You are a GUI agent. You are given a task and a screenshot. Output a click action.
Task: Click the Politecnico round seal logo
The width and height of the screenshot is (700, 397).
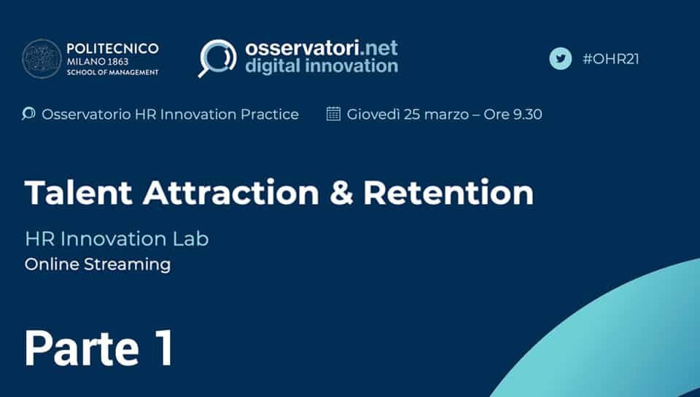click(42, 59)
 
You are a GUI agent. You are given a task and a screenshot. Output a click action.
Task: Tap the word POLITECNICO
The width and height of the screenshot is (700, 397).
click(112, 49)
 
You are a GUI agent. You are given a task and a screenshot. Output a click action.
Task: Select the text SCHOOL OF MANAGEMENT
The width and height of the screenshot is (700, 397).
click(112, 72)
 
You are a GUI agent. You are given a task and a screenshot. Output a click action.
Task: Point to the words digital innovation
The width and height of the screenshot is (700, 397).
click(322, 66)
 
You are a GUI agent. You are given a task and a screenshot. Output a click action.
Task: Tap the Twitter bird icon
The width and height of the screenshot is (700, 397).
click(560, 59)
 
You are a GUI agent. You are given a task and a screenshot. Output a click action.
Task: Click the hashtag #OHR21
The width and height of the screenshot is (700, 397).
click(611, 59)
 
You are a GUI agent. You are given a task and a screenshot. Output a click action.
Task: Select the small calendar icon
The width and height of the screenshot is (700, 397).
click(333, 114)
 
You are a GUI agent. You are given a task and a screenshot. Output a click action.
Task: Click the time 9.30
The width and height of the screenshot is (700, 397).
click(527, 114)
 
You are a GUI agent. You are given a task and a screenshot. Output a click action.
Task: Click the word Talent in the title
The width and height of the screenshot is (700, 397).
click(79, 193)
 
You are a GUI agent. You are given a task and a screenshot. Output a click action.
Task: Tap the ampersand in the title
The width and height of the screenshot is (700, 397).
click(341, 193)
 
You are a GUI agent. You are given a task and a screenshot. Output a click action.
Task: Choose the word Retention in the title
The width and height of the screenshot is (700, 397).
click(448, 193)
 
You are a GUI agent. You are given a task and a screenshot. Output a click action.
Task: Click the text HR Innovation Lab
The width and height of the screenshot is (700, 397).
click(117, 239)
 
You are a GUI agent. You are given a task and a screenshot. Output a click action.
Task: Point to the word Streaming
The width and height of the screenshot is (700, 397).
click(127, 265)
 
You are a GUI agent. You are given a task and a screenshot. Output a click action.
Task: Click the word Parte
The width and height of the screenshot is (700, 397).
click(82, 348)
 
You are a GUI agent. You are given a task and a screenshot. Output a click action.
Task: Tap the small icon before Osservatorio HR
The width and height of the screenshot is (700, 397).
click(28, 114)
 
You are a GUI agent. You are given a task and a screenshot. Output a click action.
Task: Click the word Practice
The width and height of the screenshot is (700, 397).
click(270, 114)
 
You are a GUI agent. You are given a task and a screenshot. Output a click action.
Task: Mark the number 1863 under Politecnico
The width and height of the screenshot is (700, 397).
click(117, 62)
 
